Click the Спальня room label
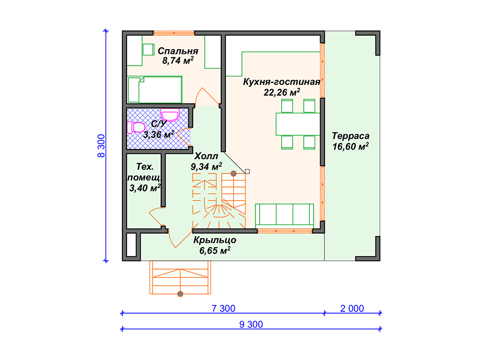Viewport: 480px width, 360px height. point(178,51)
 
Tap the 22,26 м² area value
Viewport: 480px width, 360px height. point(282,92)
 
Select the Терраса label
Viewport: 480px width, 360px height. point(351,135)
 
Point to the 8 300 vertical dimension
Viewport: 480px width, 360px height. point(101,146)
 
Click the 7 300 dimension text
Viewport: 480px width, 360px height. point(224,308)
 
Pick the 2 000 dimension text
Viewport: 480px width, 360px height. point(352,308)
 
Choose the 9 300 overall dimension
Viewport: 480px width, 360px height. point(251,324)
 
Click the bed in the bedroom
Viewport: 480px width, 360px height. point(155,90)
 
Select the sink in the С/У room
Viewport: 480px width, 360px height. point(170,115)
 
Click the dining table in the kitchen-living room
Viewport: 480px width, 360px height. point(298,124)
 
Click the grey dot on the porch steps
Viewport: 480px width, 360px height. point(180,294)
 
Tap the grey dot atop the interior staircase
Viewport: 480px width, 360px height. point(233,173)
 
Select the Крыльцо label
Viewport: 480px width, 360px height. point(215,240)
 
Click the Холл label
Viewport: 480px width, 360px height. point(206,156)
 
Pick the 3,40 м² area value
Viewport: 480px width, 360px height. point(145,187)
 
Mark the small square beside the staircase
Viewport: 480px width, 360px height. point(247,172)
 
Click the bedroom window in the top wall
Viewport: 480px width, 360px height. point(174,33)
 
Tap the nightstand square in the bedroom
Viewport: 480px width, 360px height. point(149,50)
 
